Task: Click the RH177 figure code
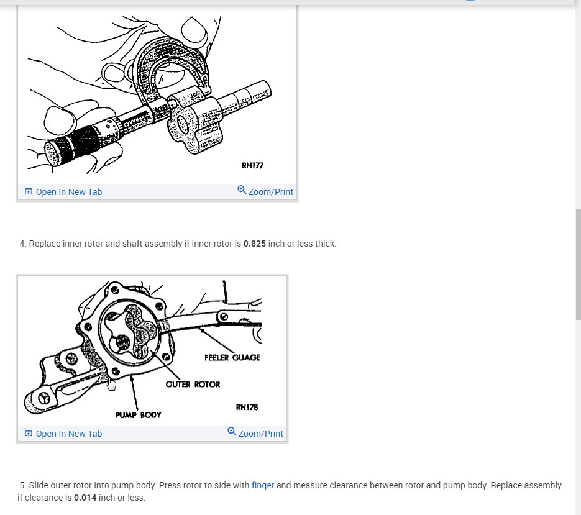(x=252, y=165)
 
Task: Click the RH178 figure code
(x=247, y=407)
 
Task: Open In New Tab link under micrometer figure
(x=68, y=192)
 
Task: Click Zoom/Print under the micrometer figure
(x=270, y=192)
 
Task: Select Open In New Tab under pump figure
(x=68, y=434)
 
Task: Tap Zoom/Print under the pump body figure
(x=260, y=434)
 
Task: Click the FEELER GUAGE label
(x=232, y=357)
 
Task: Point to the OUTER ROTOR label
(x=193, y=384)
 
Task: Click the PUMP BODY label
(x=138, y=414)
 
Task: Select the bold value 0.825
(x=254, y=244)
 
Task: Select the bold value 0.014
(x=85, y=498)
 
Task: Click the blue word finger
(x=263, y=485)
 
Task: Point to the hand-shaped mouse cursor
(x=111, y=385)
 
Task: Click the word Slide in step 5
(x=39, y=485)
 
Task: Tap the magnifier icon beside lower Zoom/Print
(x=232, y=431)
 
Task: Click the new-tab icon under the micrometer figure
(x=28, y=192)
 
